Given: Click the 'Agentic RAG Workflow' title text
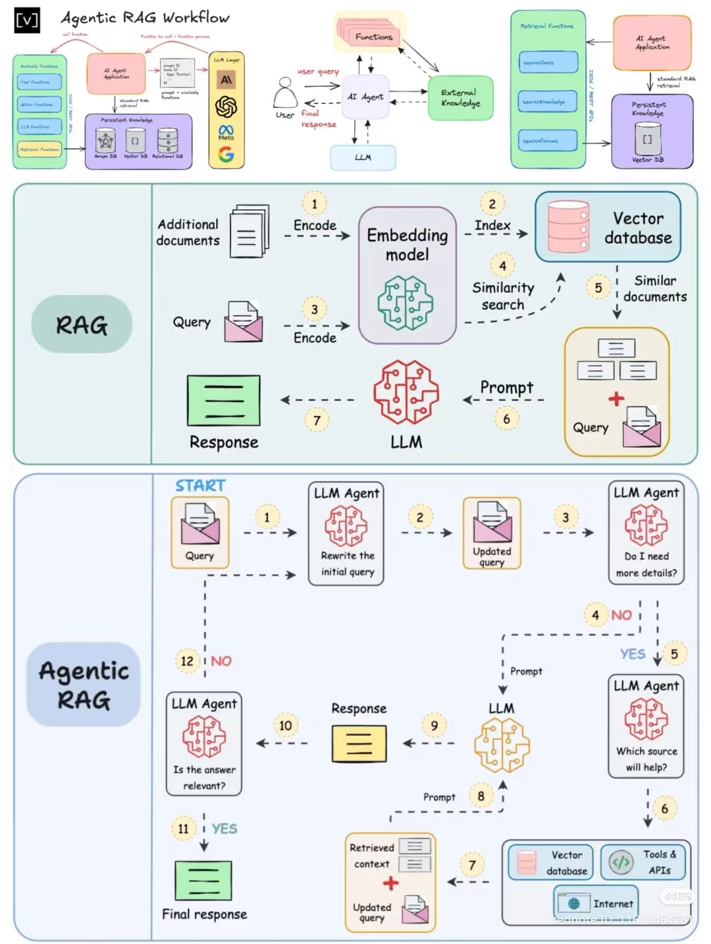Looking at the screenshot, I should coord(145,18).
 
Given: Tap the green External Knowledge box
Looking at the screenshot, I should coord(460,98).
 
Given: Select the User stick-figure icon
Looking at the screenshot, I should coord(285,93).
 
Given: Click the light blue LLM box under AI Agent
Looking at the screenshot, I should coord(363,157).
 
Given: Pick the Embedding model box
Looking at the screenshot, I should coord(407,275).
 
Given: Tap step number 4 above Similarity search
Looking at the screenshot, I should coord(502,266).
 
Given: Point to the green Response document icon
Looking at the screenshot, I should coord(224,400).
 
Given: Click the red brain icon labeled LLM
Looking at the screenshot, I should coord(406,392).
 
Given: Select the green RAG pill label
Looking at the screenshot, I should coord(82,325).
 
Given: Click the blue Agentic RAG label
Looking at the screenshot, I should coord(84,685).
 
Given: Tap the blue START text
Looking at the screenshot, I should coord(200,486).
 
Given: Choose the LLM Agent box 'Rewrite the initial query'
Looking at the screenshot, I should coord(346,534).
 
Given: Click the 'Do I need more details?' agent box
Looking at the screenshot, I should coord(646,534).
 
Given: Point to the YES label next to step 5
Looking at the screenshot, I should coord(632,654).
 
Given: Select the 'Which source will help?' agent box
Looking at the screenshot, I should coord(646,726).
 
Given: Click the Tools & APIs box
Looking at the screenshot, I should coord(643,862).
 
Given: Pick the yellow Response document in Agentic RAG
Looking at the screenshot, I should coord(359,744).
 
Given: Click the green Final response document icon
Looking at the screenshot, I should coord(203,880).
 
